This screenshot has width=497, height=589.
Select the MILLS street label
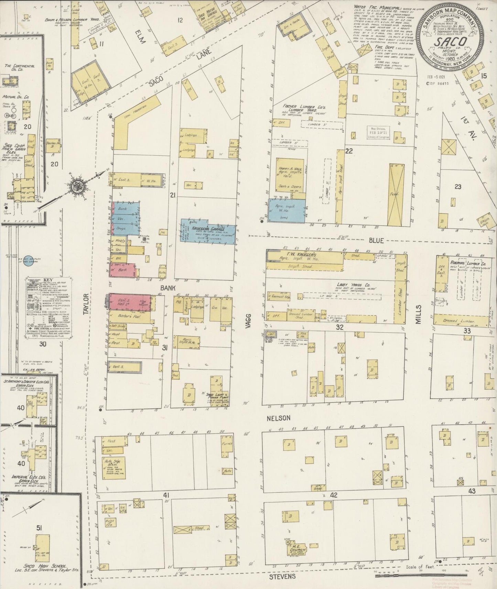419,314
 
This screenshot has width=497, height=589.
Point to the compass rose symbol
75,186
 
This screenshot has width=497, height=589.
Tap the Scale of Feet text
420,567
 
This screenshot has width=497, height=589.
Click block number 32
340,327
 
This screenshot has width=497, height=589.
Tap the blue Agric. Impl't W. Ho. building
287,210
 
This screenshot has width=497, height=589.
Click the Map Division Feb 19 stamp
378,132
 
